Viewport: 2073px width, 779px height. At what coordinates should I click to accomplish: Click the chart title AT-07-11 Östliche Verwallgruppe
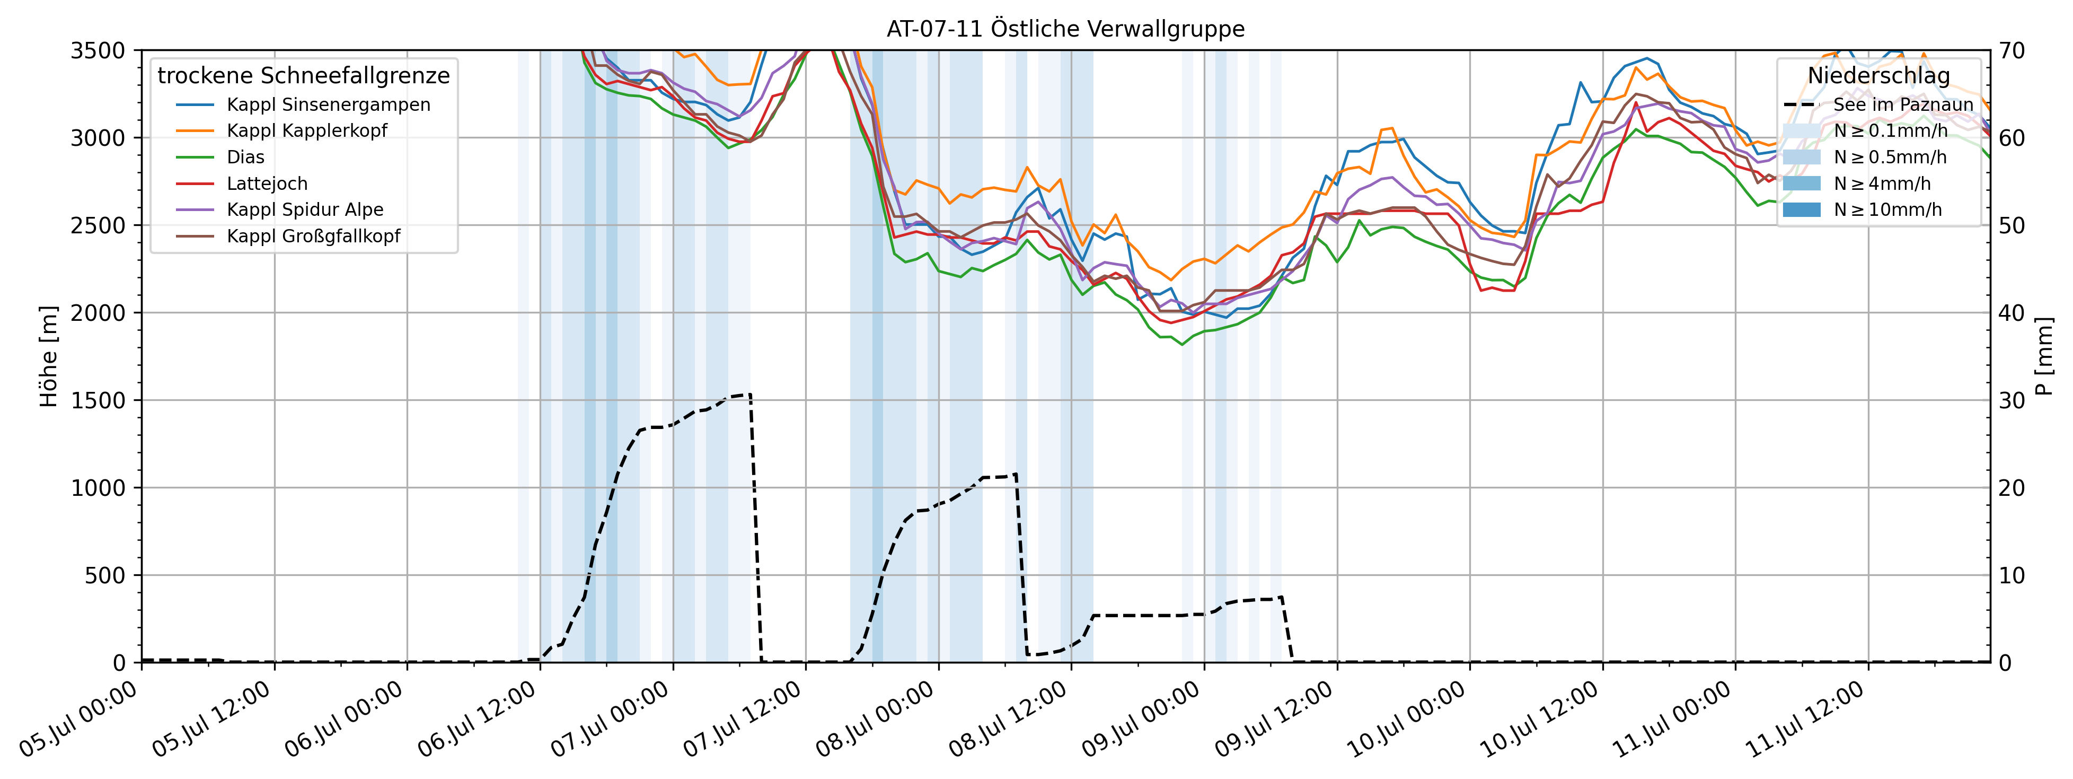pyautogui.click(x=1065, y=29)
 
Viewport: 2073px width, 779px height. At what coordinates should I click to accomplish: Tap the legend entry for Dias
pyautogui.click(x=245, y=157)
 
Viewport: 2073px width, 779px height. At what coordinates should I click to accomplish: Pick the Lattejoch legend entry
pyautogui.click(x=267, y=183)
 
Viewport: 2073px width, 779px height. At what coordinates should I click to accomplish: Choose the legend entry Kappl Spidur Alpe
pyautogui.click(x=304, y=210)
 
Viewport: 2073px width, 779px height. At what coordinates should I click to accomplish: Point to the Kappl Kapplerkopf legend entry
pyautogui.click(x=306, y=130)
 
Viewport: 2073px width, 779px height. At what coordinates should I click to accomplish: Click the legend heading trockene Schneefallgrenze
pyautogui.click(x=303, y=76)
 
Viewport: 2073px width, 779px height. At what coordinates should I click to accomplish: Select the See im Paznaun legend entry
pyautogui.click(x=1902, y=104)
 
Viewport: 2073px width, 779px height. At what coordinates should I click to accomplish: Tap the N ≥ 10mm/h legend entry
pyautogui.click(x=1887, y=210)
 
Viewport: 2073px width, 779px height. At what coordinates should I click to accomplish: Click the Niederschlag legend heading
pyautogui.click(x=1878, y=76)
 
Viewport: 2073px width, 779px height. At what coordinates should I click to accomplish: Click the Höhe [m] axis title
pyautogui.click(x=49, y=356)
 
